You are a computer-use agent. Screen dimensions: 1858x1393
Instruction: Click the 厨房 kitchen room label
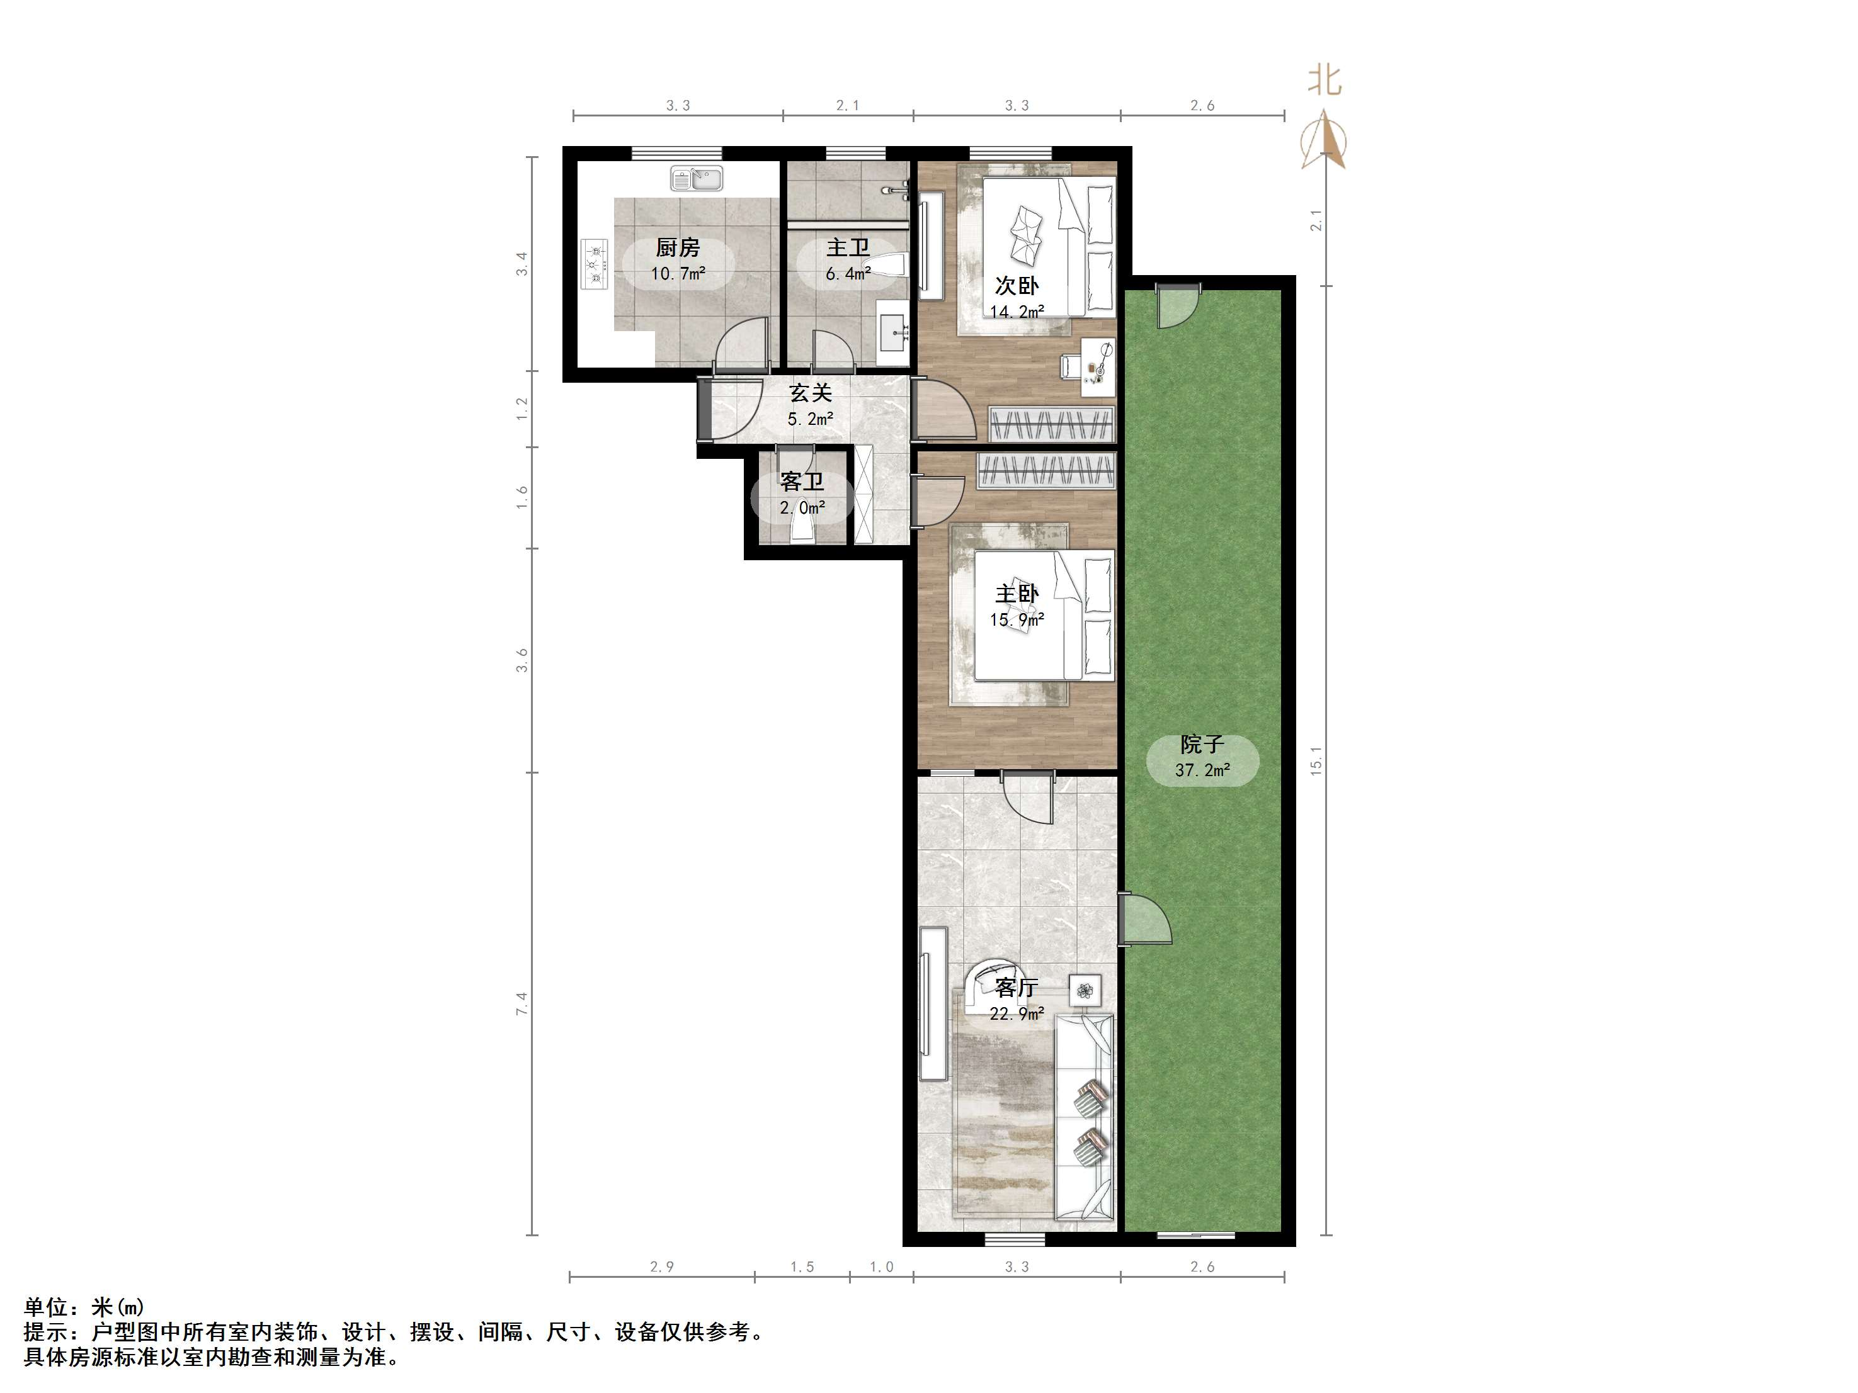(677, 248)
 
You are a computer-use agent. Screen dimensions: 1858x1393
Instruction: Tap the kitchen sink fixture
(697, 179)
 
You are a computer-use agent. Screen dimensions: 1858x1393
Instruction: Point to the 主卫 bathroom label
(848, 248)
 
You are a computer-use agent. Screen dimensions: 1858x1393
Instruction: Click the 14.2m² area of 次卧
(1017, 312)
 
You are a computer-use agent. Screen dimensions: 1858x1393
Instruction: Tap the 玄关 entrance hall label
(811, 392)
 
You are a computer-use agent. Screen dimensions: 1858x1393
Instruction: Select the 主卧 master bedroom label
(1017, 594)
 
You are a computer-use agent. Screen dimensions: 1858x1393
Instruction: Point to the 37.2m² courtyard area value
(1203, 770)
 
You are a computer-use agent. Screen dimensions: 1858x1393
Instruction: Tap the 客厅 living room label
(1017, 988)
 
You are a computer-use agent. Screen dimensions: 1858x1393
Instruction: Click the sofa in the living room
(1085, 1116)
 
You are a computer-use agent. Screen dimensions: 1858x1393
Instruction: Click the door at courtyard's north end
(1177, 306)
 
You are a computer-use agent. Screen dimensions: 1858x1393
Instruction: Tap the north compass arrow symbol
(1324, 138)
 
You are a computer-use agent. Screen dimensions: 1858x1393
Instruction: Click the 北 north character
(1325, 81)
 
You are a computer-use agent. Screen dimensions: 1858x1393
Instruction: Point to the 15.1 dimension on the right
(1316, 761)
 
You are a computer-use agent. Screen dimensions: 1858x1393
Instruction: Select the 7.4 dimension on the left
(521, 1003)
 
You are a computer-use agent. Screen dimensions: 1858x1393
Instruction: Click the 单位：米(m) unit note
(84, 1307)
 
